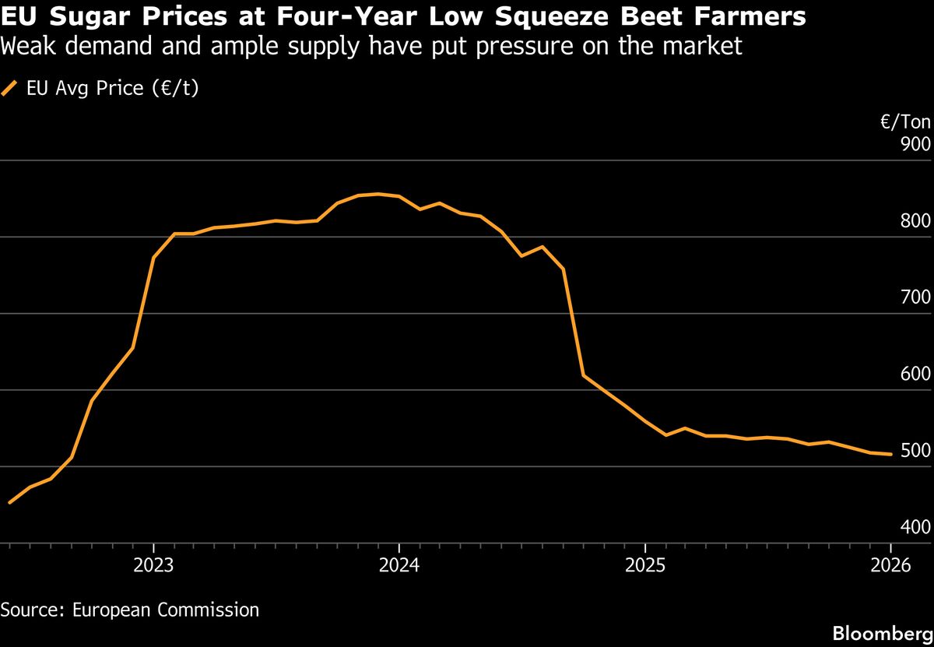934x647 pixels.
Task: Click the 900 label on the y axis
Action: click(915, 144)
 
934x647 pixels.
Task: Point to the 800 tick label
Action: click(915, 220)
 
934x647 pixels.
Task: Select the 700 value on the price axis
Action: click(915, 297)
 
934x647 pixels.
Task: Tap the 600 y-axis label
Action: click(915, 374)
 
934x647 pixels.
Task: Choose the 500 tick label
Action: click(915, 450)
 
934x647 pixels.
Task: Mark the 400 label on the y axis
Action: click(915, 527)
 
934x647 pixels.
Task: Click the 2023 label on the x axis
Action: click(153, 565)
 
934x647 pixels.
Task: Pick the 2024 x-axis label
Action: click(399, 565)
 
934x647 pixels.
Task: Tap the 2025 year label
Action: click(645, 565)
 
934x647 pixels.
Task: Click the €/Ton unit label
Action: click(905, 122)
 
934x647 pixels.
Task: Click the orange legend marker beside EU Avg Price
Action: click(10, 89)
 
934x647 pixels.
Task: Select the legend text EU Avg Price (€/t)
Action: click(112, 88)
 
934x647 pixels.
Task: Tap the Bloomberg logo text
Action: click(883, 632)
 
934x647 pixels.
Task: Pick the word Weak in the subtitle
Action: click(26, 47)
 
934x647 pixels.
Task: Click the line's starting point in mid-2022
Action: click(9, 503)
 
